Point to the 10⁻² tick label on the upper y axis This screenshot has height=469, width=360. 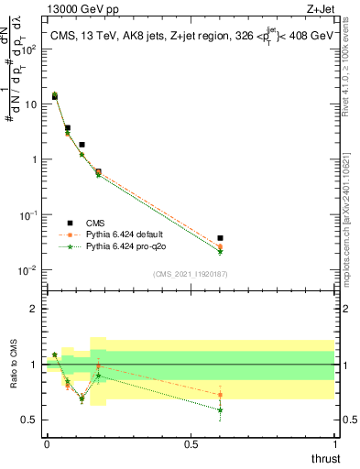(x=29, y=270)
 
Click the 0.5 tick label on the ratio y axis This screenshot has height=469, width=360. (x=30, y=420)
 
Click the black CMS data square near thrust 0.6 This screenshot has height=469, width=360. (x=220, y=238)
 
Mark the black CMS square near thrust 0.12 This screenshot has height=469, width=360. (x=82, y=145)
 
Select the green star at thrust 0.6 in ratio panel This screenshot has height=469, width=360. (x=220, y=409)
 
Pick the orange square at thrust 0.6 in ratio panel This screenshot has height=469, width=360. (x=220, y=395)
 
